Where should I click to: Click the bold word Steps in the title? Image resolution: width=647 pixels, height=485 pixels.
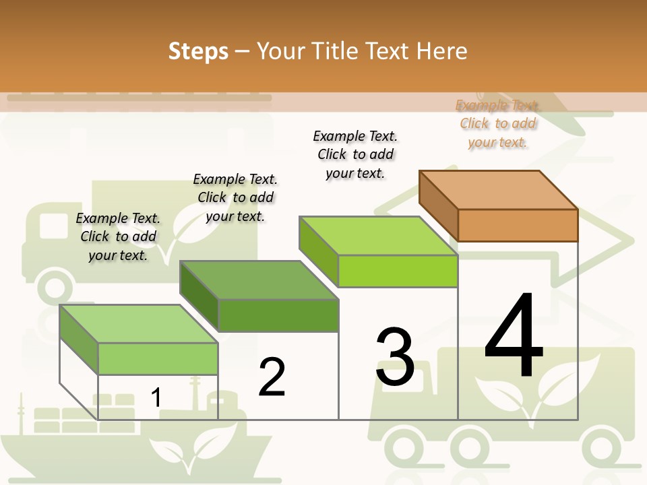pyautogui.click(x=198, y=51)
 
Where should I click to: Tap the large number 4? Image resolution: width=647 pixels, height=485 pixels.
pyautogui.click(x=514, y=336)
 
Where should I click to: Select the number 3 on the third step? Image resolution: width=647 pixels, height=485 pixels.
pyautogui.click(x=395, y=357)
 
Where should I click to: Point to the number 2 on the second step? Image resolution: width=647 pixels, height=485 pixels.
pyautogui.click(x=272, y=377)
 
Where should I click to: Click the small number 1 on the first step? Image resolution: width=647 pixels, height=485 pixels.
pyautogui.click(x=156, y=397)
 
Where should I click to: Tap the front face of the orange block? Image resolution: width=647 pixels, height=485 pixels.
pyautogui.click(x=518, y=225)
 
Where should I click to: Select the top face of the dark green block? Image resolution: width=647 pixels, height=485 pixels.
pyautogui.click(x=259, y=280)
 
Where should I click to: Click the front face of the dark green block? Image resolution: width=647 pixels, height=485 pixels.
pyautogui.click(x=278, y=315)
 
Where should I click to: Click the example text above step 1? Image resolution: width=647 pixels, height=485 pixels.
pyautogui.click(x=118, y=236)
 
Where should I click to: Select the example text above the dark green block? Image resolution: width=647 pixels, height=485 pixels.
pyautogui.click(x=235, y=197)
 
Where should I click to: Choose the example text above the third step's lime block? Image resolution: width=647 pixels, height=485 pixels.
pyautogui.click(x=355, y=154)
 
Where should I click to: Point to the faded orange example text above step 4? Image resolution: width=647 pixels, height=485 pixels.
pyautogui.click(x=498, y=123)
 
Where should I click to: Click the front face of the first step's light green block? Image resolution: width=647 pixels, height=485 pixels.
pyautogui.click(x=158, y=358)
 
